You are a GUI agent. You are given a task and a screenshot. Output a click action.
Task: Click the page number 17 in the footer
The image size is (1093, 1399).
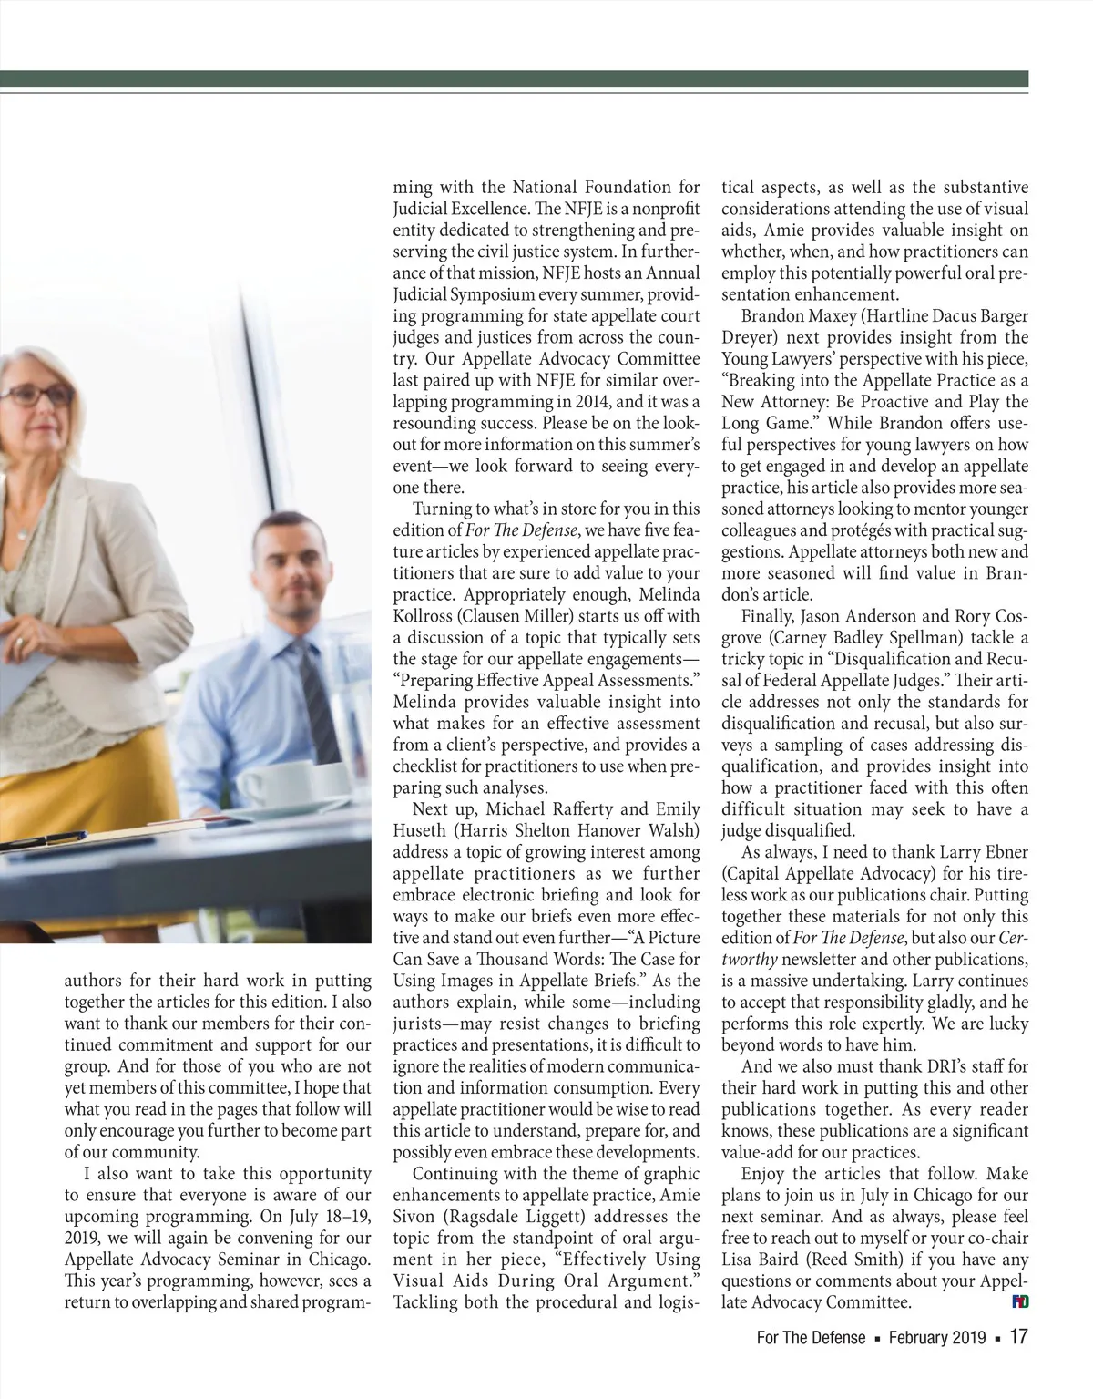[1017, 1337]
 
